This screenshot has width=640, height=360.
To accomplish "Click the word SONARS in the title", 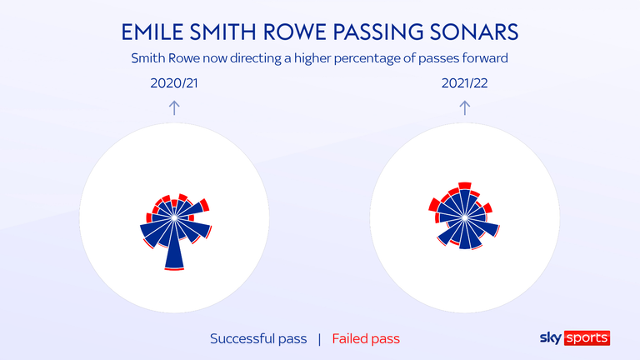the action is [x=474, y=32].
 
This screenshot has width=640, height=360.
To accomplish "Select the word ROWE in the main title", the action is [x=294, y=32].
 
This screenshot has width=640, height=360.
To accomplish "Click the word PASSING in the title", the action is [x=378, y=32].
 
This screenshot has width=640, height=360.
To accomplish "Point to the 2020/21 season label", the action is [x=174, y=83].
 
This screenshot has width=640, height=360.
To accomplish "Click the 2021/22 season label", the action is [x=464, y=83].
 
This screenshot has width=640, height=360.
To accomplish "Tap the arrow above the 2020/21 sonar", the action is [x=174, y=107].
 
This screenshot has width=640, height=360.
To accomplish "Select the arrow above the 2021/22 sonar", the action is [x=464, y=107].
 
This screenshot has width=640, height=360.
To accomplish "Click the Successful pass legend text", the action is [x=258, y=339].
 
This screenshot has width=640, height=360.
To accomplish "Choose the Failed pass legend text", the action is [x=366, y=339].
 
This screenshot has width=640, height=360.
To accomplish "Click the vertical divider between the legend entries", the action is [x=319, y=339].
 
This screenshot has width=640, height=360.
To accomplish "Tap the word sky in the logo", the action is [x=551, y=338].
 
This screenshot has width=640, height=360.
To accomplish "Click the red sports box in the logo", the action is [x=587, y=338].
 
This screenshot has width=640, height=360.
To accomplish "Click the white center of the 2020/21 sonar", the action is [x=174, y=217].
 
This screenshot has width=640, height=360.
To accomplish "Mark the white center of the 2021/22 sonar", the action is [x=464, y=217].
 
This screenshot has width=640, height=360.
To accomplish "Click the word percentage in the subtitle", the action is [x=366, y=59].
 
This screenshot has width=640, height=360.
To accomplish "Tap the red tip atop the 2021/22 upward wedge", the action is [x=464, y=186].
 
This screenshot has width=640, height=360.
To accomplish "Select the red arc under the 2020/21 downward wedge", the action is [x=174, y=269].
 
